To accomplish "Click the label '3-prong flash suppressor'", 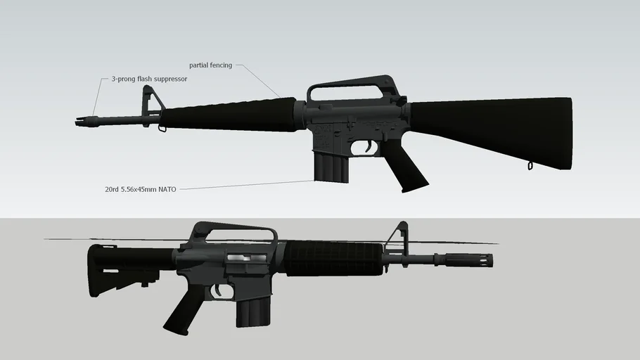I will [x=149, y=79].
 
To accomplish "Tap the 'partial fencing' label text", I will [x=210, y=65].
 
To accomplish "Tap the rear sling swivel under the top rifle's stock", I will [x=530, y=166].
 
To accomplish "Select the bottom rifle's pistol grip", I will [x=184, y=309].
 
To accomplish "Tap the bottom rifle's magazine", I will [x=252, y=309].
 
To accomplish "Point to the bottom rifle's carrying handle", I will [x=232, y=233].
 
